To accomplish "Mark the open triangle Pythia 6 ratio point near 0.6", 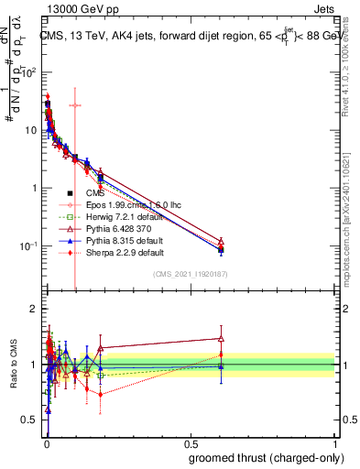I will click(x=220, y=338).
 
